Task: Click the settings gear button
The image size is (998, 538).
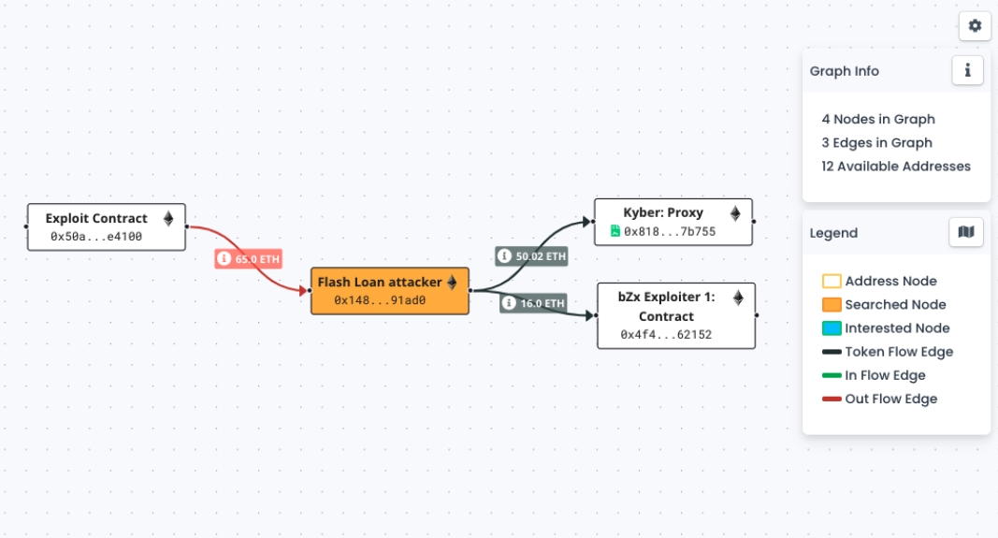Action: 975,26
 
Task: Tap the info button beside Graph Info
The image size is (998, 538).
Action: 967,70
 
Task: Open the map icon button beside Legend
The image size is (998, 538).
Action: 966,232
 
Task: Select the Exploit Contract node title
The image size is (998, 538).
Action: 96,218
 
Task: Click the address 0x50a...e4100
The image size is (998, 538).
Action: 96,237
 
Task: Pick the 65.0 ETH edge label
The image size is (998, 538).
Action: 249,259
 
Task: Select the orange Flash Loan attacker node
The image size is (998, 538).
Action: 389,290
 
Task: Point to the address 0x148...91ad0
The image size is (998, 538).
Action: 380,300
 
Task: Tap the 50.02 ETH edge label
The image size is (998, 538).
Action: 532,255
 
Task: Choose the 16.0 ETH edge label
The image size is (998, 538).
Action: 533,303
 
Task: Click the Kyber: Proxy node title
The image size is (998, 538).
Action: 663,212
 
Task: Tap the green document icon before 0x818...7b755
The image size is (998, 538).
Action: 615,231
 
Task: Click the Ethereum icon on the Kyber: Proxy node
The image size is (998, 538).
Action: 735,213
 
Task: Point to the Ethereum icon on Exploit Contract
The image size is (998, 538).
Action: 169,218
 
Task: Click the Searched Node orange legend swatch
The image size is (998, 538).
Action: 832,305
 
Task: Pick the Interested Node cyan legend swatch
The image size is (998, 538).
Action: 832,328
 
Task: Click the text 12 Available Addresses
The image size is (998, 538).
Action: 896,167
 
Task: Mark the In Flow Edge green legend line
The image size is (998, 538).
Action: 832,375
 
